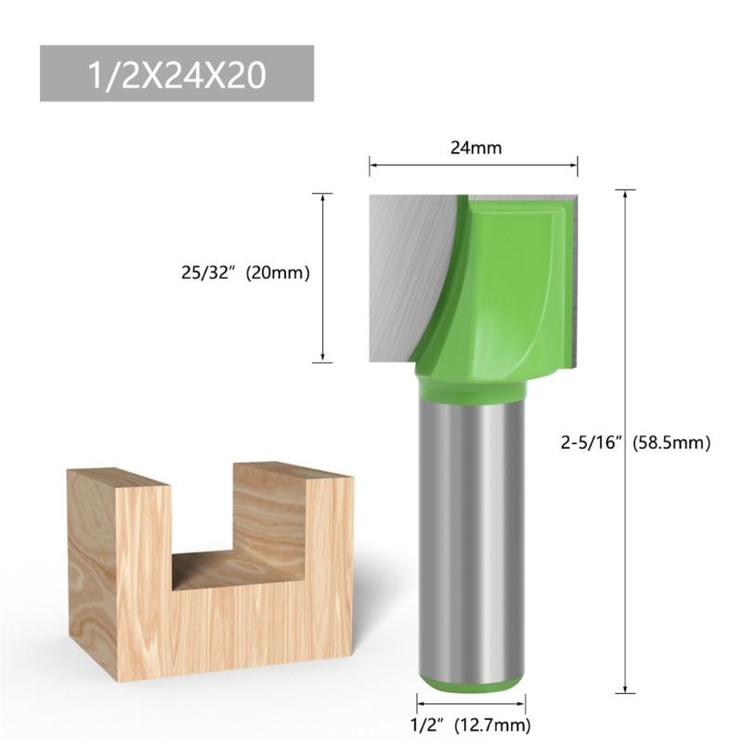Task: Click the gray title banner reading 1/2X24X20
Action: click(x=176, y=74)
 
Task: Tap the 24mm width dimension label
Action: click(x=473, y=147)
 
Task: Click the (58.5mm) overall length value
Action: click(x=671, y=443)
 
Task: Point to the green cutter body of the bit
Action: click(x=506, y=288)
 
